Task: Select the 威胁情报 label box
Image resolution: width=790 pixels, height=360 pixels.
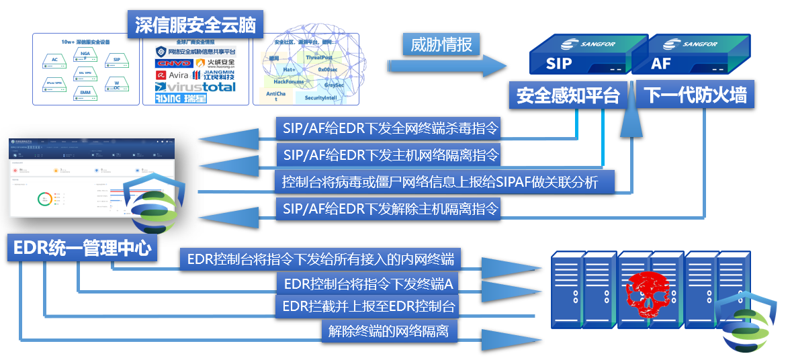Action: coord(441,45)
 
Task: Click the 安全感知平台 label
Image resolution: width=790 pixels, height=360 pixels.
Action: coord(568,95)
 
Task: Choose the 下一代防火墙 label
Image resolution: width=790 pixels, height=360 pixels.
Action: coord(695,95)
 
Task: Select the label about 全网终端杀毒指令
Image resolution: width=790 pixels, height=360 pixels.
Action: coord(391,128)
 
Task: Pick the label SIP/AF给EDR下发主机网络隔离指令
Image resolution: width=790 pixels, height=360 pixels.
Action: coord(391,155)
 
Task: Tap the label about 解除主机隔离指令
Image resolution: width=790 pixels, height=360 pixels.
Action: coord(391,209)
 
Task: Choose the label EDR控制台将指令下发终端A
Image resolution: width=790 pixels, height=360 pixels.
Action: coord(368,284)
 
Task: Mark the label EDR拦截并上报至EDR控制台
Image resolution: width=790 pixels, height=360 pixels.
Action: coord(368,308)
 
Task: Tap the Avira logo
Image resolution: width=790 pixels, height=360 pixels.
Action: coord(172,75)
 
